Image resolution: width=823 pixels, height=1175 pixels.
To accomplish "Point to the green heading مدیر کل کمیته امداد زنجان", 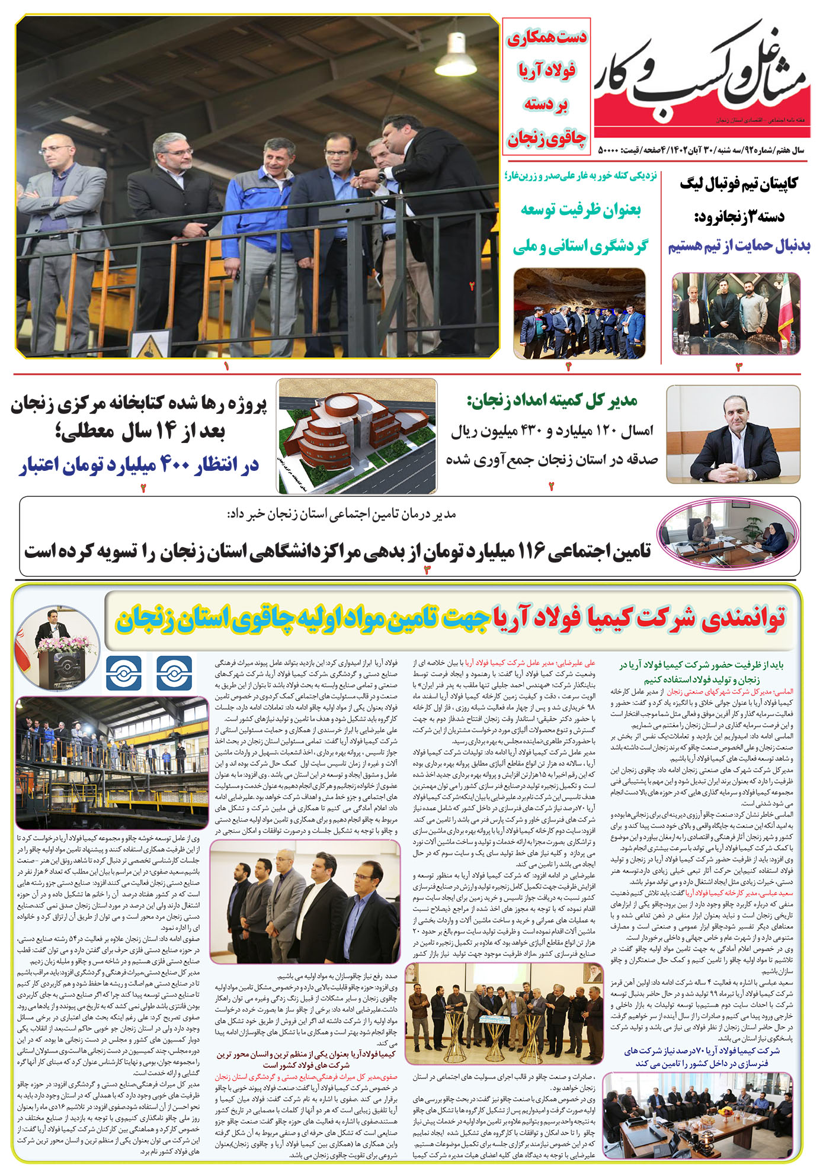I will point(552,402).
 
